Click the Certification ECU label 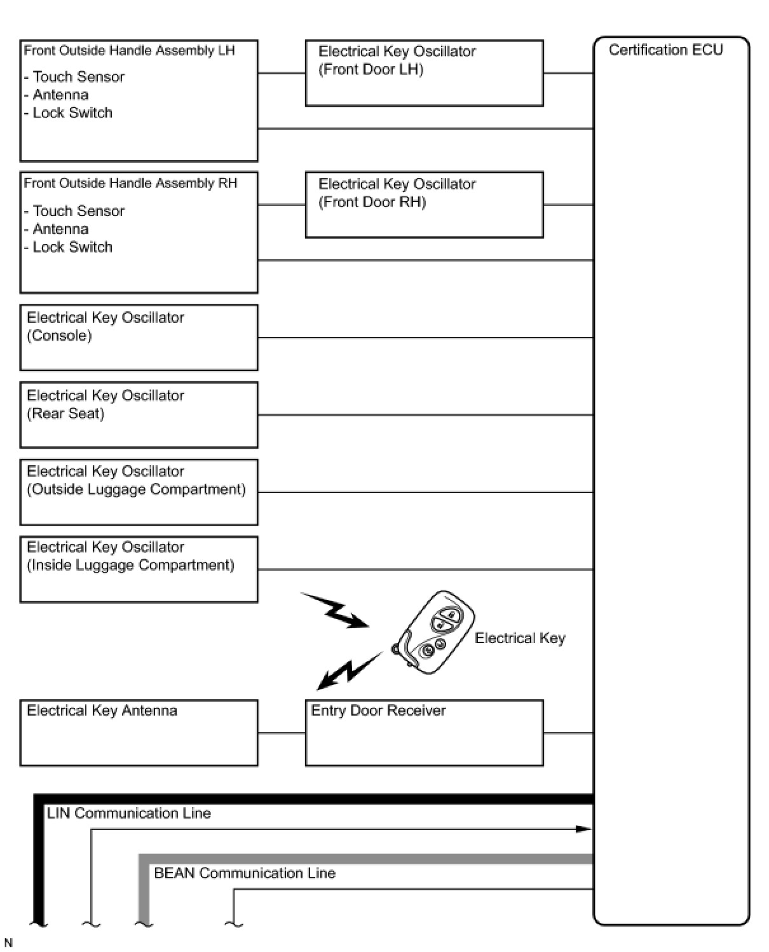[665, 50]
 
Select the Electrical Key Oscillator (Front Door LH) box [424, 73]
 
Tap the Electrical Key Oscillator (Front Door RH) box [424, 205]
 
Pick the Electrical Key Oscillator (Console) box [139, 337]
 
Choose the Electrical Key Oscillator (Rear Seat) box [139, 415]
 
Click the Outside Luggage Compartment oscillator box [139, 492]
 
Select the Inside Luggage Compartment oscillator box [139, 569]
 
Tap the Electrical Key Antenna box [139, 733]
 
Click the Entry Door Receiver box [424, 733]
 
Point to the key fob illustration [435, 633]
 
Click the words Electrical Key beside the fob [520, 638]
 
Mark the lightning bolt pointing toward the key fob [334, 611]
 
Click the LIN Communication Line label [128, 813]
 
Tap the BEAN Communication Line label [245, 873]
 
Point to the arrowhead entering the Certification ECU [583, 829]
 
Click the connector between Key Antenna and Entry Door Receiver [282, 733]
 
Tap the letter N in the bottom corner [8, 942]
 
